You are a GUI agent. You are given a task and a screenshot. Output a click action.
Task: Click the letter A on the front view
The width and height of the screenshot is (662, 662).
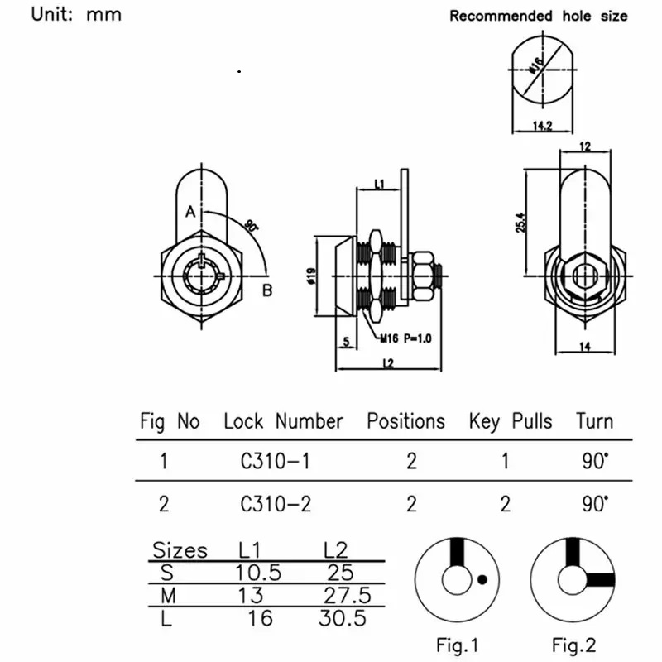coord(189,213)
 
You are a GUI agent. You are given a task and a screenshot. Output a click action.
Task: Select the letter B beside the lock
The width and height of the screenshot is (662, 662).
coord(267,290)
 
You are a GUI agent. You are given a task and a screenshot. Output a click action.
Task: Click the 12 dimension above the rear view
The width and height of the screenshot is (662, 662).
coord(585,146)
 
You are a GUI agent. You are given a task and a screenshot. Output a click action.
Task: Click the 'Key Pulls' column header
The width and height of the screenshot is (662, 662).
coord(511,421)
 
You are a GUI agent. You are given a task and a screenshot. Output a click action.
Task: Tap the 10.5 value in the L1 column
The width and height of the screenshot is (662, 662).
coord(258,573)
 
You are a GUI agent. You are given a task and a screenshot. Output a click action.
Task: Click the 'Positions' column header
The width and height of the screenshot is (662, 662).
coord(405,421)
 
